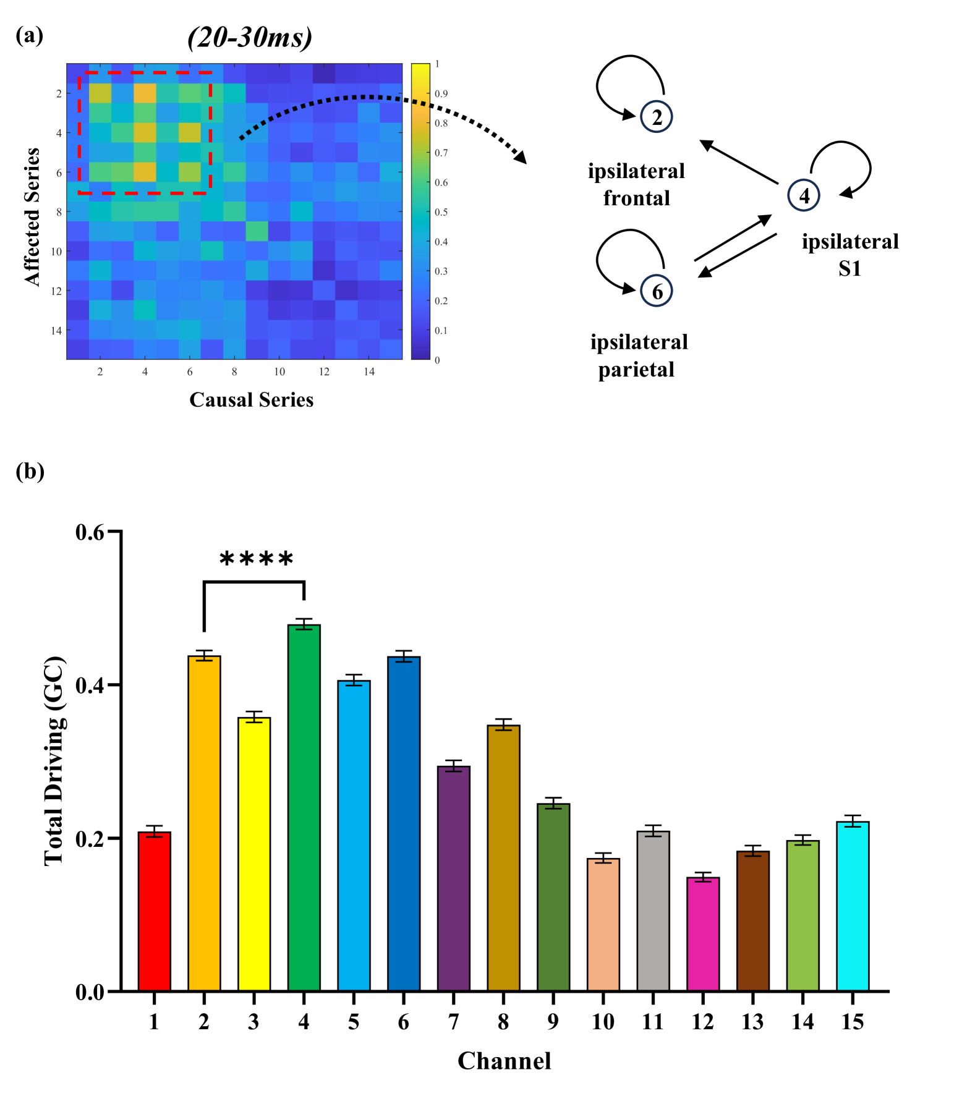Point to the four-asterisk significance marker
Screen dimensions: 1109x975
tap(256, 560)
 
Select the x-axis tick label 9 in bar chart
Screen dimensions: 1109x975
tap(553, 1022)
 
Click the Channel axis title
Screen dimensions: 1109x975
tap(504, 1061)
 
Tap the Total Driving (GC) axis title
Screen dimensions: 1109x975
tap(54, 760)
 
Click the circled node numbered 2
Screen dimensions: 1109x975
tap(657, 117)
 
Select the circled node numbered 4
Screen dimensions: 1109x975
tap(804, 196)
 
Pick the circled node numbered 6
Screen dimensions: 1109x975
tap(657, 291)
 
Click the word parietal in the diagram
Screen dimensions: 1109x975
tap(636, 370)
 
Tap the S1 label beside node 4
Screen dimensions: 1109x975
tap(849, 268)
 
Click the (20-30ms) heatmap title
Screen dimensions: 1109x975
tap(250, 38)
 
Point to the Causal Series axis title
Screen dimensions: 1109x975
tap(251, 400)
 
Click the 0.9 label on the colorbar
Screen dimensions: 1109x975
tap(441, 94)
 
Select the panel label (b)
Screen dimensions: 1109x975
tap(30, 471)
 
